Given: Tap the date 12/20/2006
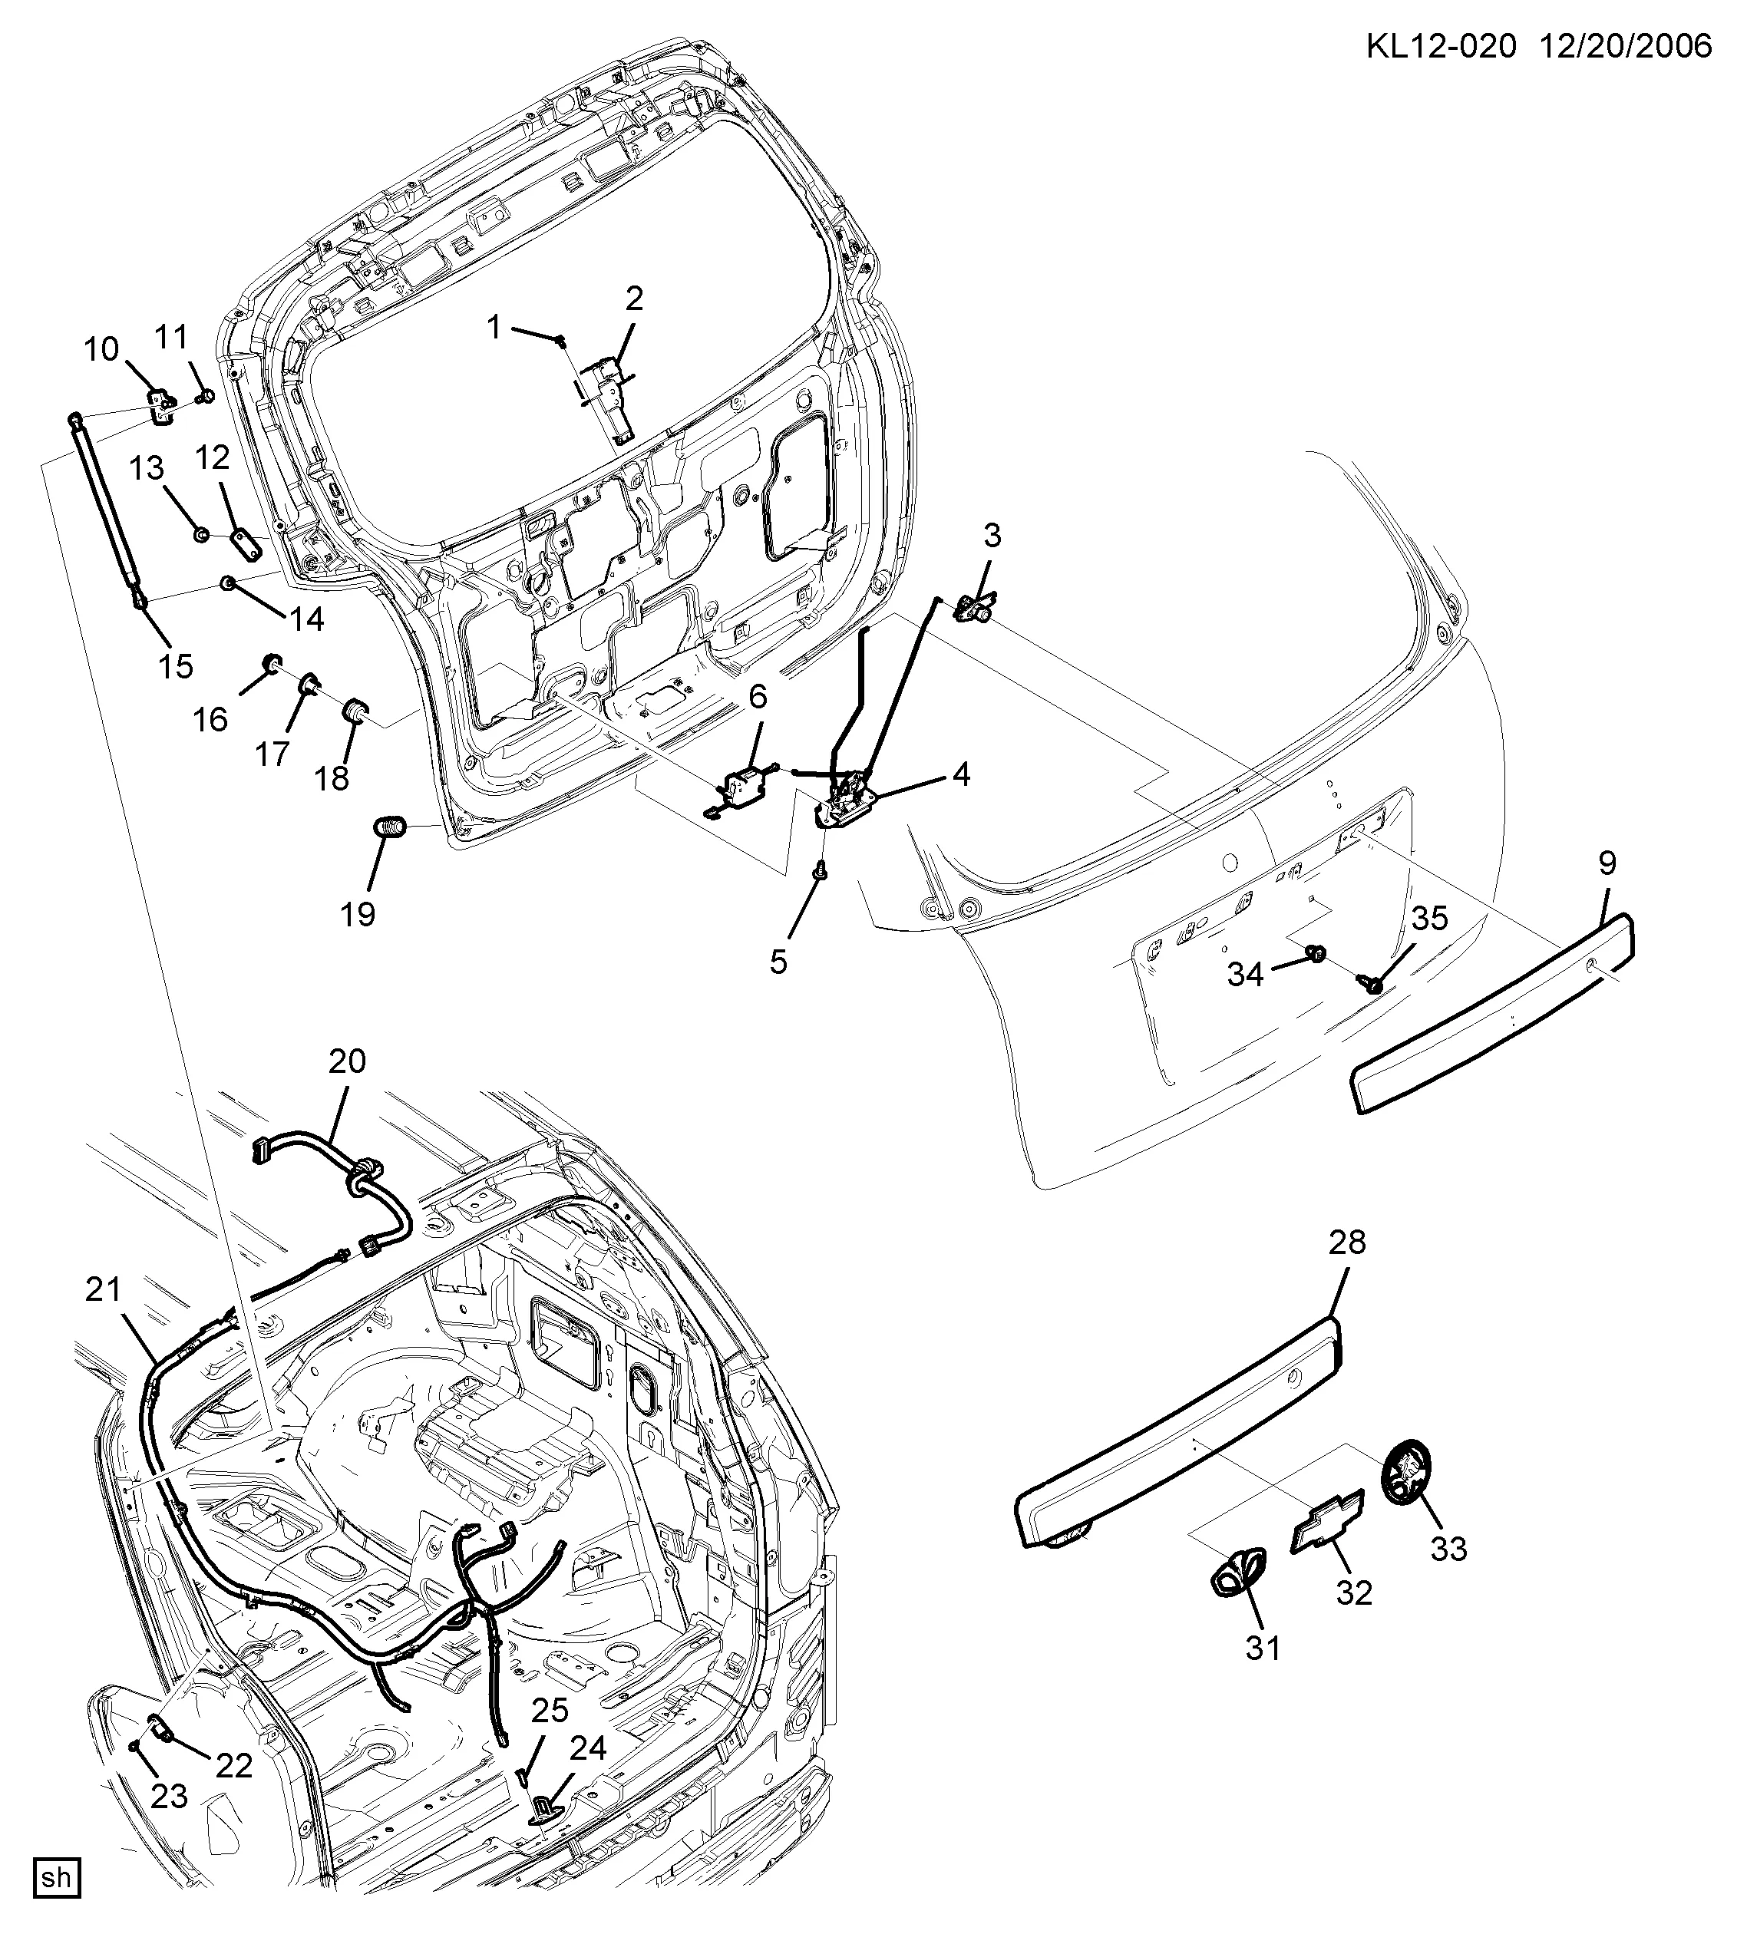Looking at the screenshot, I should [1626, 45].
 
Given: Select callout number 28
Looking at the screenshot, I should [1347, 1243].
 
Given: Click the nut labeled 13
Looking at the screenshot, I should [200, 533].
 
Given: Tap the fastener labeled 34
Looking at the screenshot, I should [1316, 952].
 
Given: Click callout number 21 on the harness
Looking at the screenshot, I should [104, 1289].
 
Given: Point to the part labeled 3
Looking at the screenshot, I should [976, 607].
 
